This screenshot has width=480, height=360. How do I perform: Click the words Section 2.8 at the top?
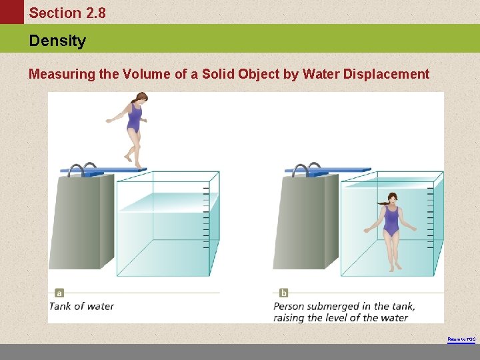point(67,13)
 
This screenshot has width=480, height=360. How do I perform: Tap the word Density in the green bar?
point(57,41)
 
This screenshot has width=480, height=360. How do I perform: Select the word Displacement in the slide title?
point(386,74)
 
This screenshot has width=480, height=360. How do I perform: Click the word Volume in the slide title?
point(147,74)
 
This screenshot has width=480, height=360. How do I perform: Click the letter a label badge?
point(59,293)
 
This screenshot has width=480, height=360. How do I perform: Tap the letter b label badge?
point(284,293)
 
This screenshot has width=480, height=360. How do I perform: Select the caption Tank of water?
point(82,306)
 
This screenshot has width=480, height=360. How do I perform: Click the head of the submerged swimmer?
point(392,198)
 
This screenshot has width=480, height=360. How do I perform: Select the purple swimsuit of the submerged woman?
point(391,220)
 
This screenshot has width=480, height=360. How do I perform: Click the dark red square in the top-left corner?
point(11,12)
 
